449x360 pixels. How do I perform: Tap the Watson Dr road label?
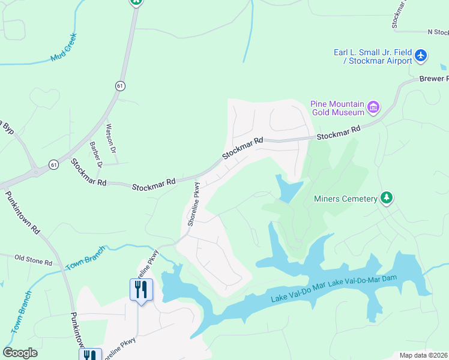click(109, 138)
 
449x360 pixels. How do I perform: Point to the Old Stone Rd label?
click(33, 263)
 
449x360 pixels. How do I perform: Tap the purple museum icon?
click(374, 108)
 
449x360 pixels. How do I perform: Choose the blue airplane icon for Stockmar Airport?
click(421, 56)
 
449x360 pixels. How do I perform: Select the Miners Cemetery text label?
click(345, 199)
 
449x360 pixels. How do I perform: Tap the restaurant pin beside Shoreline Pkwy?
click(141, 290)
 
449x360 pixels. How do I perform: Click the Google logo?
click(20, 353)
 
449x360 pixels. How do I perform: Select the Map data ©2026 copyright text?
click(423, 355)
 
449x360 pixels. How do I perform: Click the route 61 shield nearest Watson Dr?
click(121, 87)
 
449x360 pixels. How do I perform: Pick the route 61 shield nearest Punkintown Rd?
click(53, 164)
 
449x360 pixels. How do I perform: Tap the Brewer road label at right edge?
click(433, 79)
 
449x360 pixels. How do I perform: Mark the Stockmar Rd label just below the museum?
click(339, 133)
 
